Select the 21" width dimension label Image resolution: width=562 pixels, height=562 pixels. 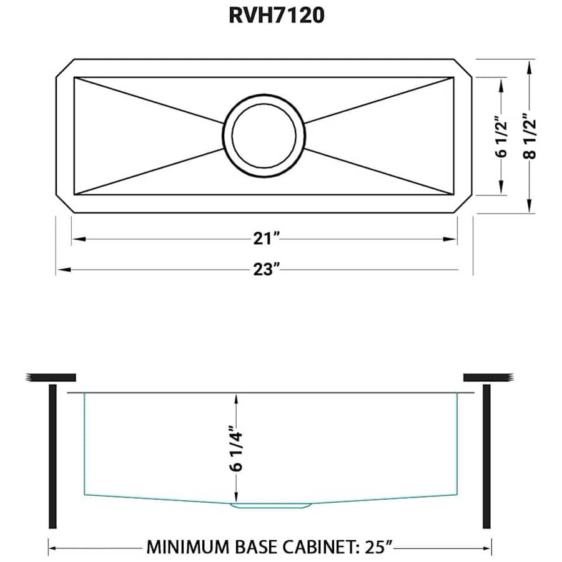pyautogui.click(x=265, y=239)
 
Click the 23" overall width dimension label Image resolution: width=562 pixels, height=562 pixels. pyautogui.click(x=265, y=270)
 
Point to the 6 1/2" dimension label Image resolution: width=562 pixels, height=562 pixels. pyautogui.click(x=500, y=136)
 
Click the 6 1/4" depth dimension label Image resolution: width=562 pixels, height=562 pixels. pyautogui.click(x=237, y=448)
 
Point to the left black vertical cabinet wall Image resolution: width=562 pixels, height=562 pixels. pyautogui.click(x=52, y=456)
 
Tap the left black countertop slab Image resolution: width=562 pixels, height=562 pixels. pyautogui.click(x=51, y=377)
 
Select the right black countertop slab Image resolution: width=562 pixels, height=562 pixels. pyautogui.click(x=488, y=377)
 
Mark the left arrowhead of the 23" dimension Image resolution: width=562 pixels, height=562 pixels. pyautogui.click(x=61, y=270)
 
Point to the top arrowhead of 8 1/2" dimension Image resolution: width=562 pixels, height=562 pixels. pyautogui.click(x=530, y=64)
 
